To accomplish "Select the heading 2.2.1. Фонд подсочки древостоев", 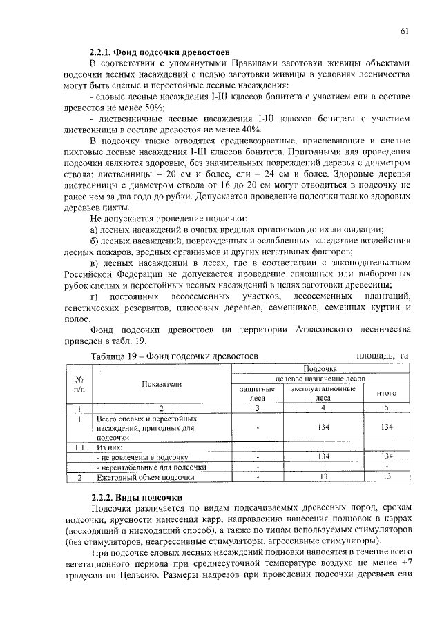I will coord(161,52).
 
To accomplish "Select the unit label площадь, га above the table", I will coord(383,356).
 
